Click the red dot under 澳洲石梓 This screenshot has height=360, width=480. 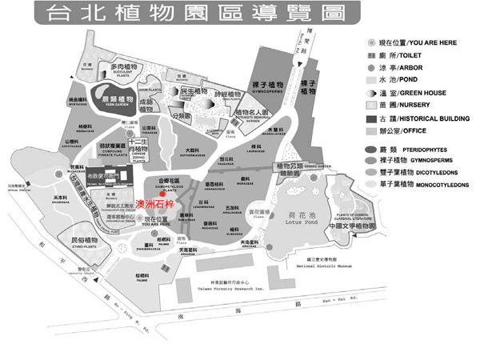click(x=162, y=214)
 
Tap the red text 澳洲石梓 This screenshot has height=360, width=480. click(x=152, y=204)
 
